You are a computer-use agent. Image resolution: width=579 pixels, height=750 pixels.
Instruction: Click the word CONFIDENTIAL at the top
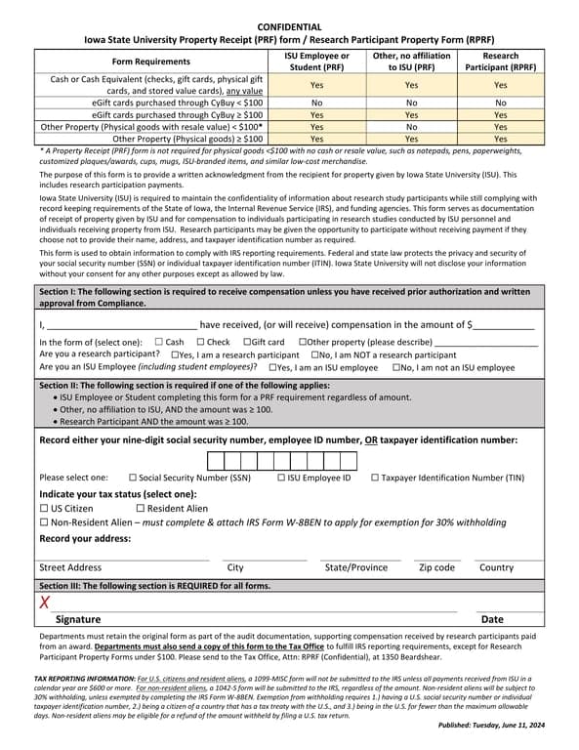[x=289, y=26]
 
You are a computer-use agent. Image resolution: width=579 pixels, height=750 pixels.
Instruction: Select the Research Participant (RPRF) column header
[x=501, y=62]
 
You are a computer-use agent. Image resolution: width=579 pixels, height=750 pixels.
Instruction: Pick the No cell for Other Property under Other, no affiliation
[x=413, y=126]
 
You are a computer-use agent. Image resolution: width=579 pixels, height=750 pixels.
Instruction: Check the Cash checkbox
[x=158, y=342]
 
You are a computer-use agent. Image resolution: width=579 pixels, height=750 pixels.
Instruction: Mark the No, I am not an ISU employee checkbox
[x=396, y=367]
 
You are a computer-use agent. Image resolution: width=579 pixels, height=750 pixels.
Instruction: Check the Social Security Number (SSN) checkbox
[x=132, y=478]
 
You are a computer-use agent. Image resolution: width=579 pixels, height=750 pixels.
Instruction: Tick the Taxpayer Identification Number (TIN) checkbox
[x=375, y=478]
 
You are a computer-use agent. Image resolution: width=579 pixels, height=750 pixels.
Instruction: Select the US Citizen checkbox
[x=44, y=509]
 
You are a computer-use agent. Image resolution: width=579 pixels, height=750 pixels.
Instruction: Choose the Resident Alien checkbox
[x=140, y=509]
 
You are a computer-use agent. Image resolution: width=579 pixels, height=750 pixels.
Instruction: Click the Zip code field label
[x=436, y=567]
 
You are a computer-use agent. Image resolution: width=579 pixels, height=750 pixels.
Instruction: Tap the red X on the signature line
[x=44, y=602]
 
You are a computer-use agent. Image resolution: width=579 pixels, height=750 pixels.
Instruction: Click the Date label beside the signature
[x=492, y=619]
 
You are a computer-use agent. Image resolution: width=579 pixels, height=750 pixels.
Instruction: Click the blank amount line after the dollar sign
[x=505, y=326]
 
